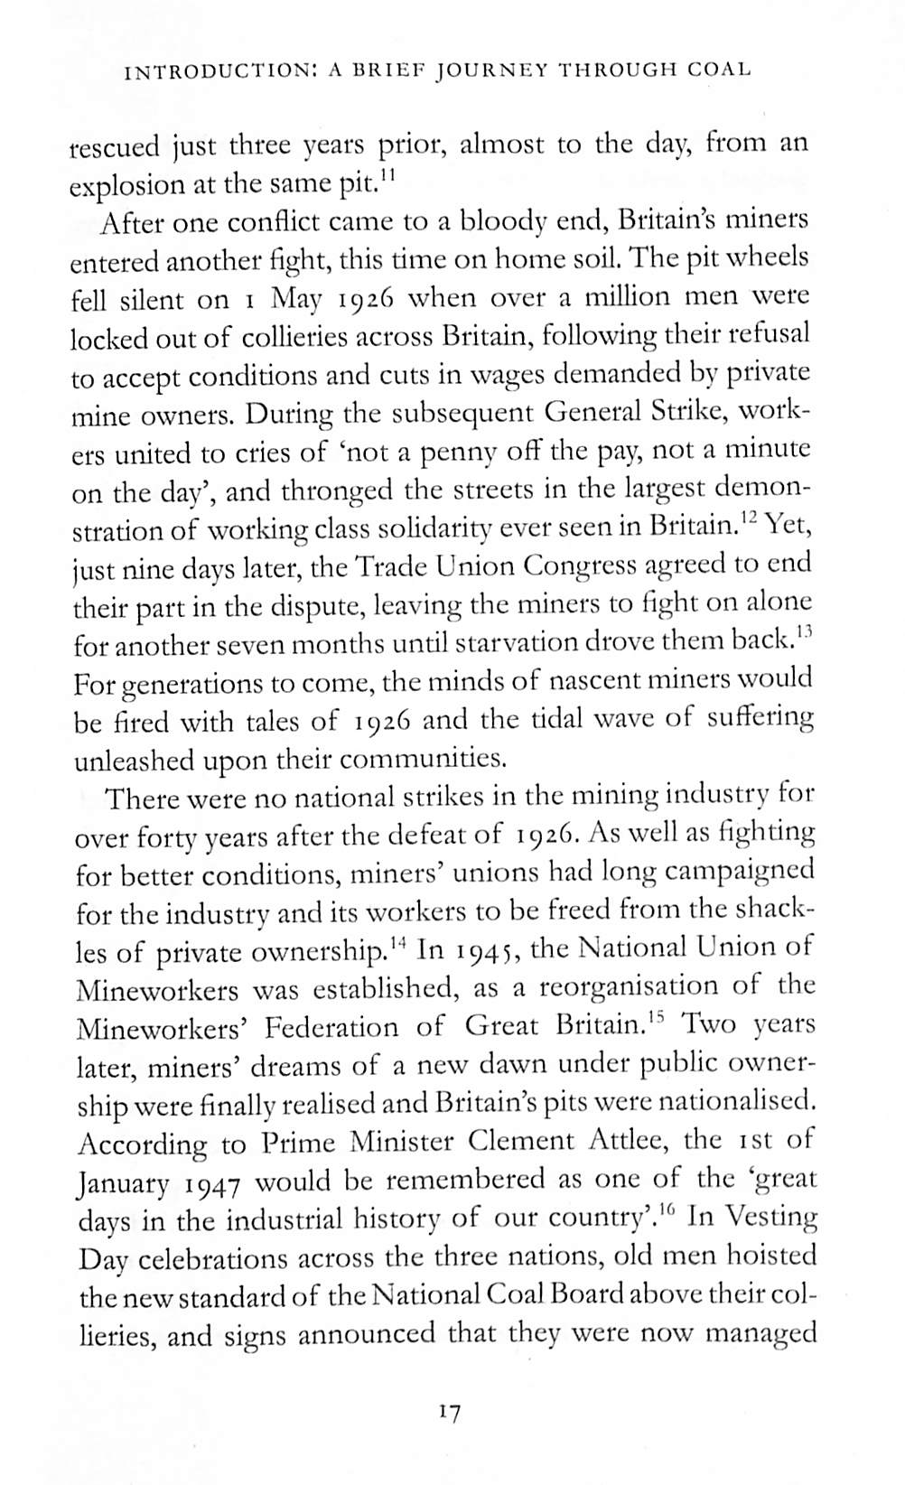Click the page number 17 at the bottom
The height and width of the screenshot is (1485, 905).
pyautogui.click(x=449, y=1412)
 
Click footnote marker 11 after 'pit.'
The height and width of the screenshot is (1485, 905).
pyautogui.click(x=388, y=173)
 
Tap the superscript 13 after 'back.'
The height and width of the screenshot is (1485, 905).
pyautogui.click(x=806, y=633)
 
